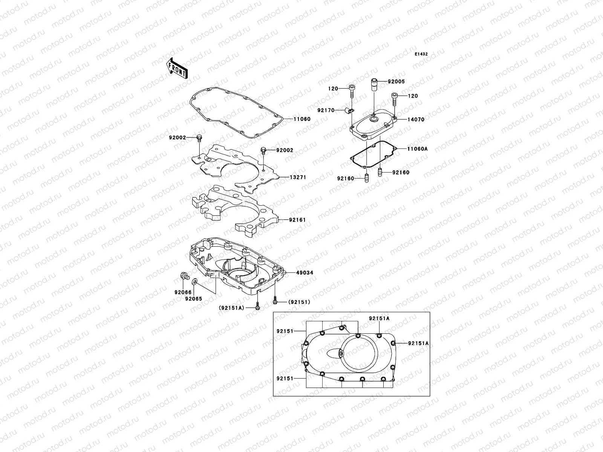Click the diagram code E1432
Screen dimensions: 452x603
[421, 54]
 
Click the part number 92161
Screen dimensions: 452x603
[297, 220]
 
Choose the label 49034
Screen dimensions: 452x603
[304, 272]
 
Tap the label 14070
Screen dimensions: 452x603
[416, 119]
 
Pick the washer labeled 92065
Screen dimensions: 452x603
[195, 281]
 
